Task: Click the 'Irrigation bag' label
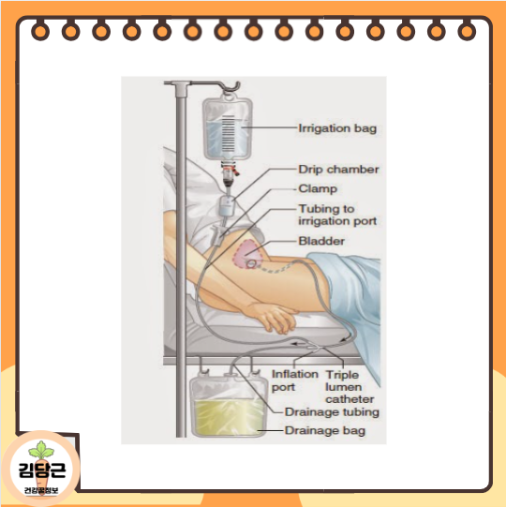[336, 128]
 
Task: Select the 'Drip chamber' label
[338, 170]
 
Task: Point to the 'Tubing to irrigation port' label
[337, 215]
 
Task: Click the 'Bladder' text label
[320, 241]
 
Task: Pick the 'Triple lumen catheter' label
[350, 386]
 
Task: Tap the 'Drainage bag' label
[324, 431]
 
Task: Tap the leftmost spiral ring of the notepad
[40, 32]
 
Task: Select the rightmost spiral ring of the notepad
[466, 32]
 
